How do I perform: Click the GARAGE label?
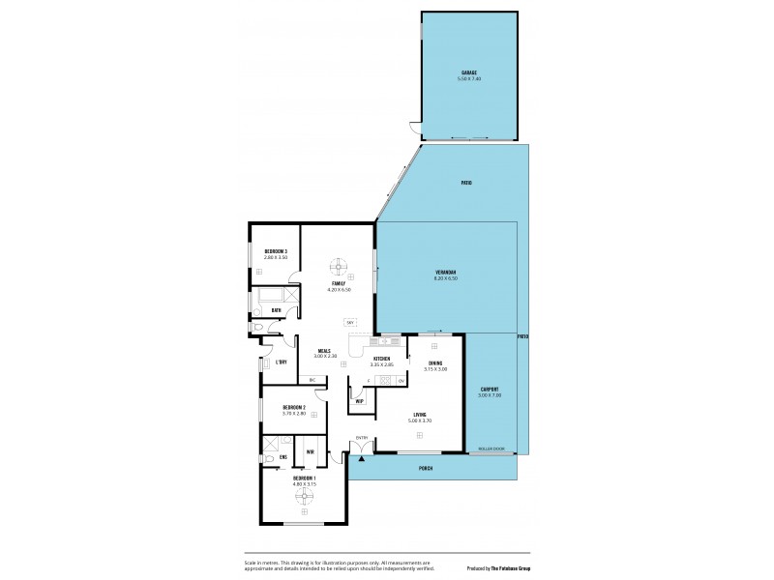(x=469, y=72)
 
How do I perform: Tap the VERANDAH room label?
(x=446, y=274)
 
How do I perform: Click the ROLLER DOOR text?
(x=491, y=449)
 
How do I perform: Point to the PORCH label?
(x=425, y=469)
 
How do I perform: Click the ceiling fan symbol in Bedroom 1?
(x=305, y=496)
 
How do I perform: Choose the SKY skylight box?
(x=349, y=323)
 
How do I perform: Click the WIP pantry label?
(x=360, y=401)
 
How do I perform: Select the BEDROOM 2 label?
(x=294, y=408)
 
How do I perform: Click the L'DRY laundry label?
(x=281, y=362)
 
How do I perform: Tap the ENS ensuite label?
(x=283, y=456)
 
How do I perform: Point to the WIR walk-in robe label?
(x=310, y=452)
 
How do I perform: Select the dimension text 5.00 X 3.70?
(x=419, y=420)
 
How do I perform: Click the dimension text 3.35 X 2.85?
(x=383, y=365)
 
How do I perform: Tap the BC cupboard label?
(x=313, y=380)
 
